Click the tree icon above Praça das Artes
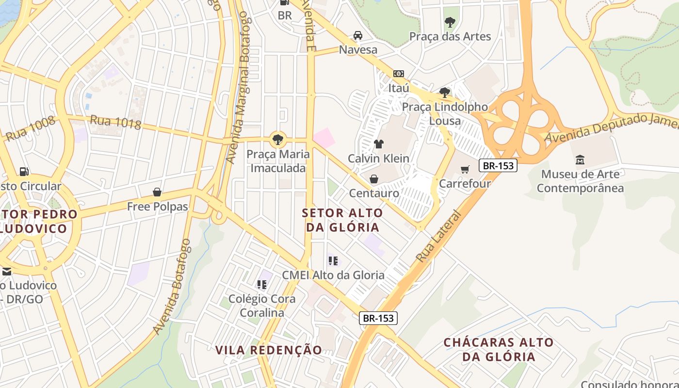(x=450, y=22)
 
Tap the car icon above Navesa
(x=358, y=35)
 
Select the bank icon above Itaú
(x=399, y=74)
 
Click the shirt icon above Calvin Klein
(x=379, y=144)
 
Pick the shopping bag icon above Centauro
(x=374, y=179)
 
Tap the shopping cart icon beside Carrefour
(x=465, y=169)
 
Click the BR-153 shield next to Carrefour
(x=498, y=165)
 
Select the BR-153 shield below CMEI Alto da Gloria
(x=378, y=318)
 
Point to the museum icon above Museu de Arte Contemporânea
(x=580, y=160)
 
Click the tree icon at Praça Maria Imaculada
(x=278, y=140)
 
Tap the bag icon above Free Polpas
(x=157, y=193)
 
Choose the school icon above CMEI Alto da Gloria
(x=333, y=261)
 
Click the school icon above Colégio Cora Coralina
(x=262, y=284)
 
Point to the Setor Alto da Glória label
(x=342, y=220)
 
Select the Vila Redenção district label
(x=269, y=350)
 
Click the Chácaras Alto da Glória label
(x=499, y=349)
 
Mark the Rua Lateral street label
(x=438, y=236)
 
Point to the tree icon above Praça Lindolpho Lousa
(x=444, y=93)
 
